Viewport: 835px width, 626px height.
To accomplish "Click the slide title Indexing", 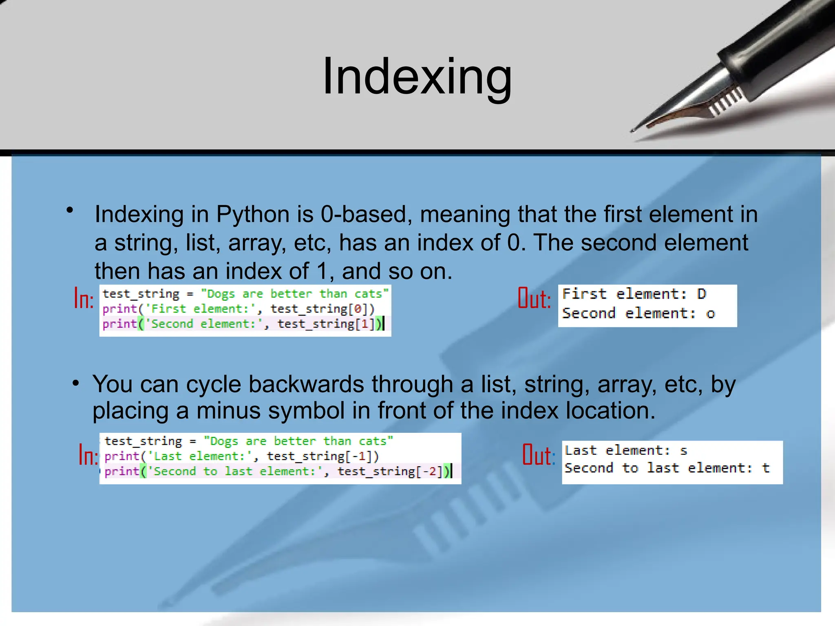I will pyautogui.click(x=417, y=77).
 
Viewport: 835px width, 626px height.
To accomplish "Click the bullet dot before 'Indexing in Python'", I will pyautogui.click(x=70, y=210).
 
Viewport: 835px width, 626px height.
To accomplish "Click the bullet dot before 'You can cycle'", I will pyautogui.click(x=75, y=384).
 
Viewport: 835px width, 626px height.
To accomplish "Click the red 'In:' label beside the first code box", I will pyautogui.click(x=84, y=298).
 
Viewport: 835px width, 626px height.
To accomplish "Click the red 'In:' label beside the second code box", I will pyautogui.click(x=88, y=455).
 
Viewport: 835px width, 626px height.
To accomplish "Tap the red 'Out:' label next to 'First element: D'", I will pyautogui.click(x=534, y=298).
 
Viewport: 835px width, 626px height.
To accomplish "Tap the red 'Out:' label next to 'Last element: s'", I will pyautogui.click(x=539, y=455).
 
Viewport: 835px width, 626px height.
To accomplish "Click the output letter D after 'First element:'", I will pyautogui.click(x=701, y=294).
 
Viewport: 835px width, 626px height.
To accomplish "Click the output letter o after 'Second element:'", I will pyautogui.click(x=711, y=313).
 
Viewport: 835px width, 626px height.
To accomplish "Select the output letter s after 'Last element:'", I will pyautogui.click(x=684, y=451).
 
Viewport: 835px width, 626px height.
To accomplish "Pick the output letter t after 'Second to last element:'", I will pyautogui.click(x=766, y=468).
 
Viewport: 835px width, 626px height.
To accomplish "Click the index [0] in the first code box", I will pyautogui.click(x=358, y=309).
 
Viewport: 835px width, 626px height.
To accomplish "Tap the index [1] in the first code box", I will pyautogui.click(x=365, y=324).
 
